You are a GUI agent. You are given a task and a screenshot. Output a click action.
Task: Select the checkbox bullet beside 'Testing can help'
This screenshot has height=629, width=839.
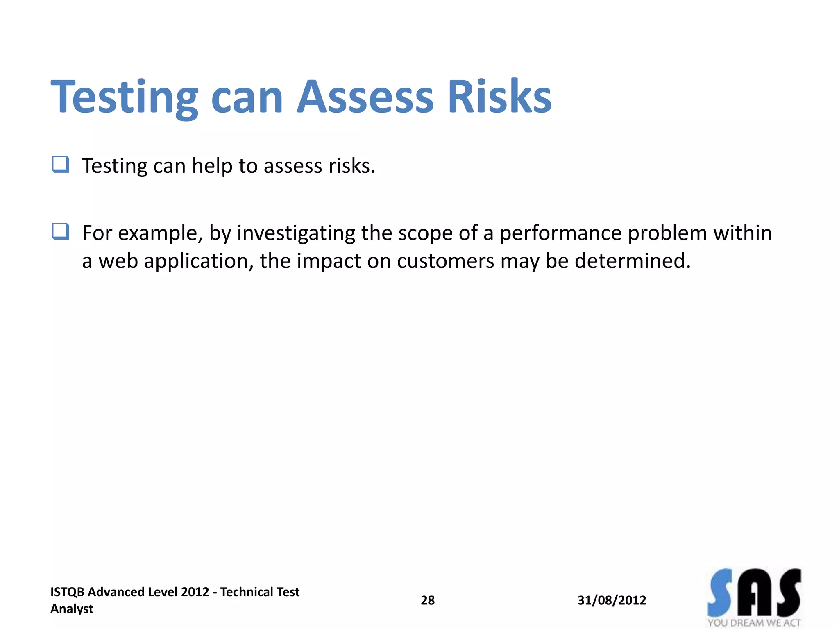click(x=61, y=165)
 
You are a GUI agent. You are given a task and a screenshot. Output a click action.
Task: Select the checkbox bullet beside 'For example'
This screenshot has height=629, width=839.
click(x=61, y=231)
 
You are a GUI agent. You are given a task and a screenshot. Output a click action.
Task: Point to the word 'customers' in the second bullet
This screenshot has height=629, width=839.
click(x=445, y=261)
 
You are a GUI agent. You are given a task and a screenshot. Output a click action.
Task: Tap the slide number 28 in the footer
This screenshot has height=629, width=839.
click(x=427, y=600)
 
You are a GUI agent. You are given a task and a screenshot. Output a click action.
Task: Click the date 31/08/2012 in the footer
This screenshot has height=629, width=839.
click(x=612, y=600)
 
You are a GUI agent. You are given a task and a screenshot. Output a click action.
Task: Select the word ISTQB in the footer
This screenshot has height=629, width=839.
click(x=67, y=592)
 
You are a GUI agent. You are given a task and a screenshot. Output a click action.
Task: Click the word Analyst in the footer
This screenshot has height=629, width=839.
click(x=72, y=609)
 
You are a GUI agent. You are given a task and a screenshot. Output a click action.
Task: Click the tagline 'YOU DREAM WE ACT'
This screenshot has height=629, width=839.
click(x=754, y=623)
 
